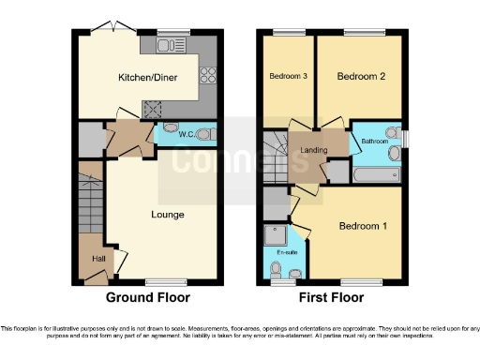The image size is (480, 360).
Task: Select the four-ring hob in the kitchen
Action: pos(206,78)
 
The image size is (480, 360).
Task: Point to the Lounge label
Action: pos(167,215)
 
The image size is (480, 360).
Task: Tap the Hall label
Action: pos(97,259)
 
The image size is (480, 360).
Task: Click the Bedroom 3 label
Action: pos(289,77)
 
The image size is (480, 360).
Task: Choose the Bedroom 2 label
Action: pos(362,77)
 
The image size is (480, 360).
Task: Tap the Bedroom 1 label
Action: pos(362,227)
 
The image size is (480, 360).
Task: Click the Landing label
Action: pos(313,150)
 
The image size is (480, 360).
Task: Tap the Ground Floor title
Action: pos(148,298)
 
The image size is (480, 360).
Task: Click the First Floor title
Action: pos(332,298)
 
